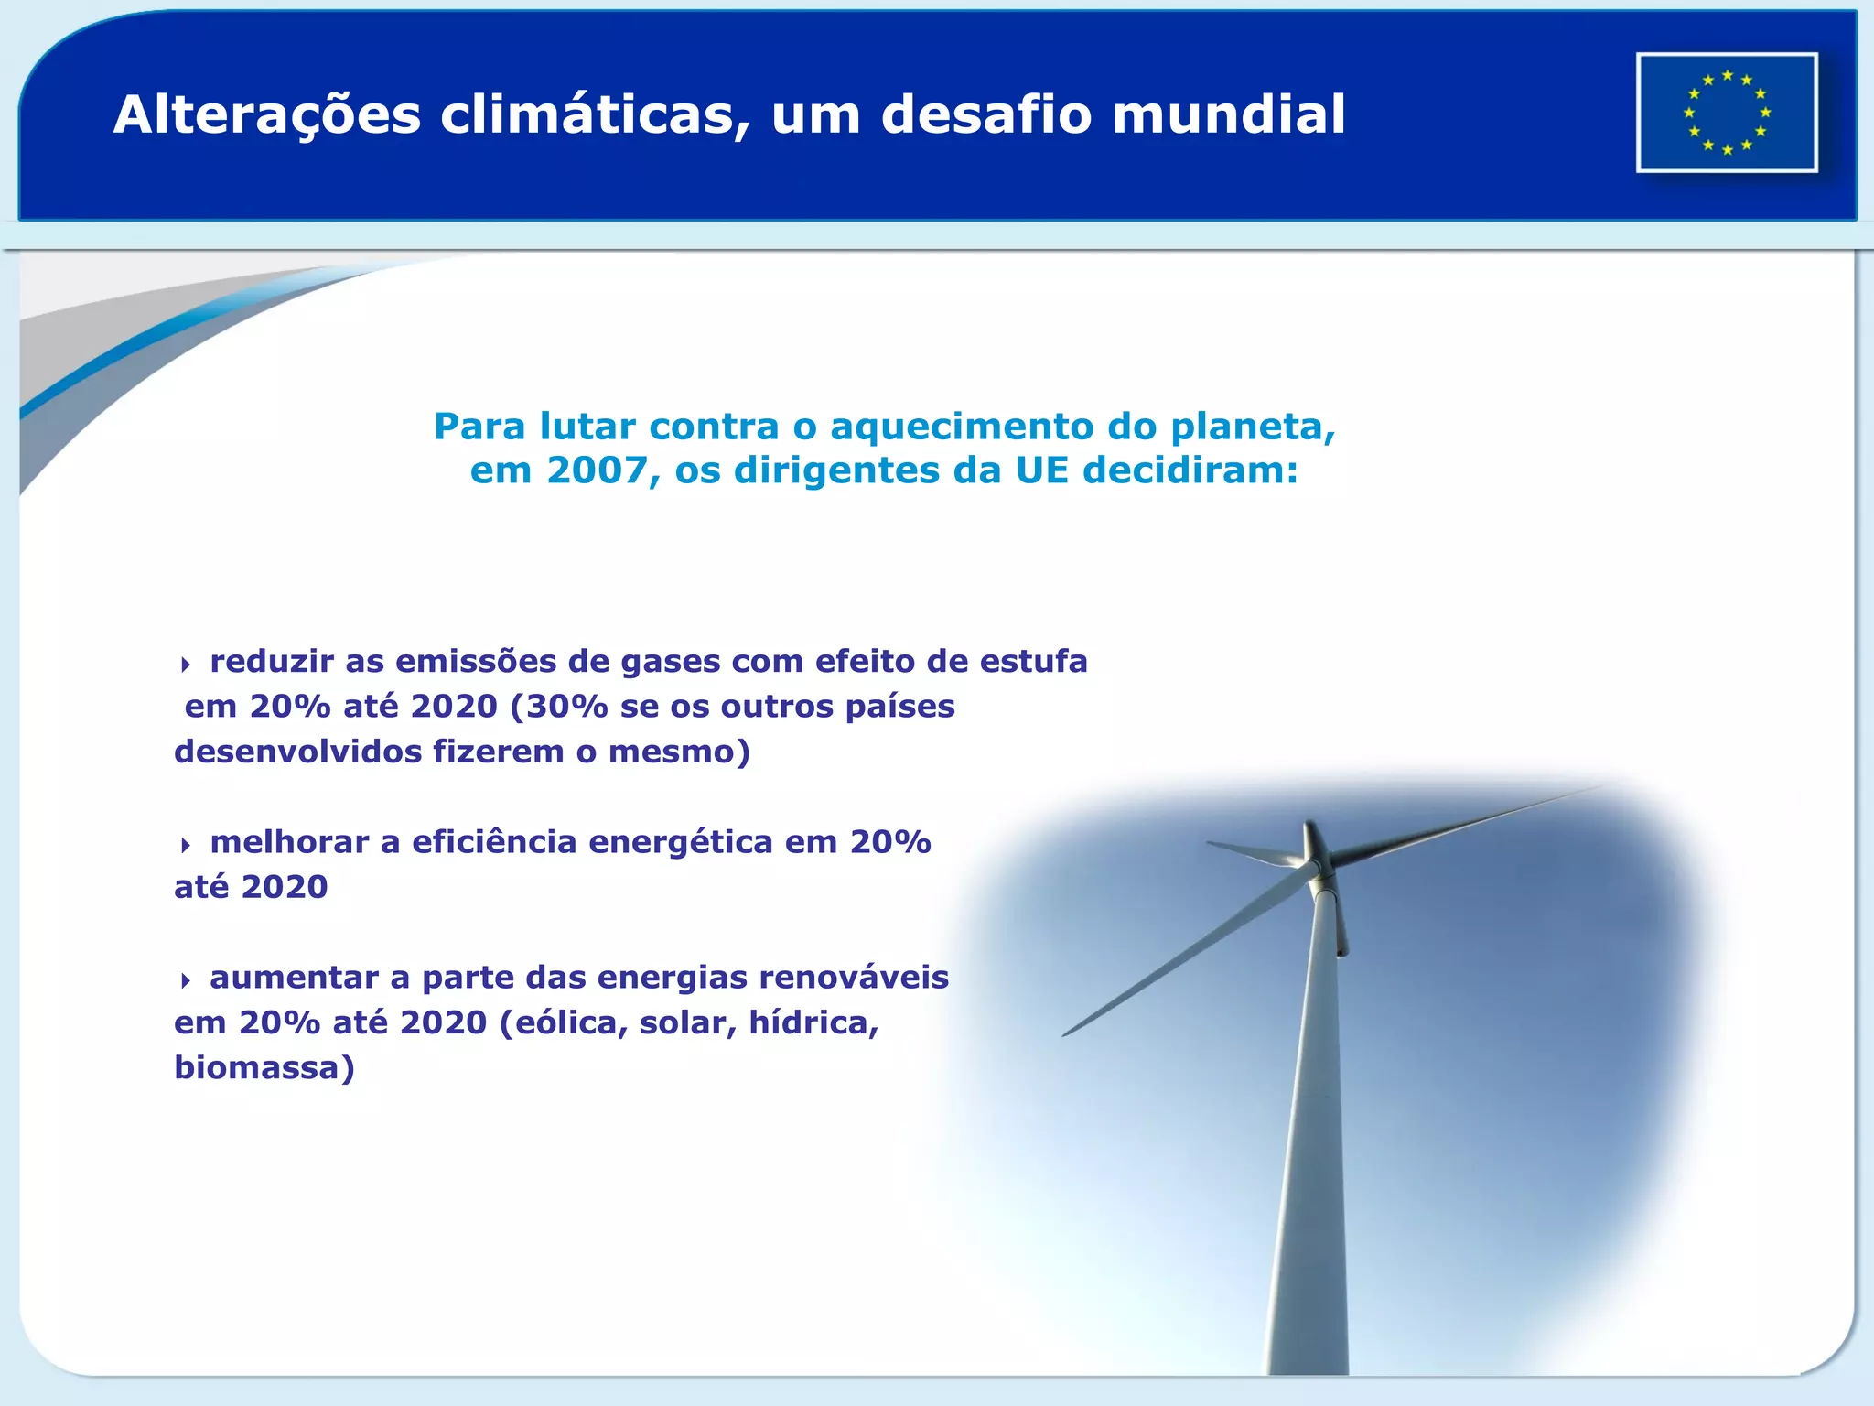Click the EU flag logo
[1727, 113]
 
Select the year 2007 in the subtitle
[597, 470]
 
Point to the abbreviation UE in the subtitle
[1042, 470]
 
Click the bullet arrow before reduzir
[186, 665]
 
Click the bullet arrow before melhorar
[186, 845]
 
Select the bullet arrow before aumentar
[186, 980]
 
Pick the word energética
[681, 842]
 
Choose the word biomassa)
[264, 1068]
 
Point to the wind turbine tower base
[1307, 1355]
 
